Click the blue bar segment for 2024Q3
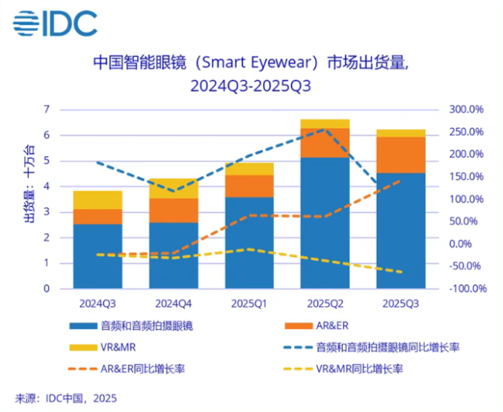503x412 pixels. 98,256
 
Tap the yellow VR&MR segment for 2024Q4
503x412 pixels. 173,188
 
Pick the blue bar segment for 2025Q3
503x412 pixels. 400,230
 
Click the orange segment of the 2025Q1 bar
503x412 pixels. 249,186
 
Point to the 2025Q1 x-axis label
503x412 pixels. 249,303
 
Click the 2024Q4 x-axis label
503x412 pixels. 173,303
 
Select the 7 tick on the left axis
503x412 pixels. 46,110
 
